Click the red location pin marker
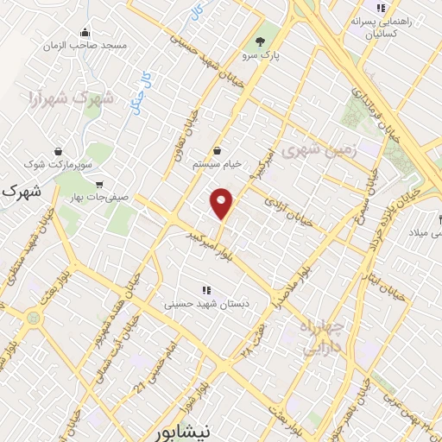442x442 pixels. click(x=223, y=203)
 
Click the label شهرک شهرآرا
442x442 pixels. click(x=71, y=98)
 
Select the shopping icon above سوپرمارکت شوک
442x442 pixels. click(x=58, y=150)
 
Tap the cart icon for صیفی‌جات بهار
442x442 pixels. click(x=100, y=184)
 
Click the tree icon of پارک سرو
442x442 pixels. click(x=260, y=41)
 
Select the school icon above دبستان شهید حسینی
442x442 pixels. click(x=205, y=291)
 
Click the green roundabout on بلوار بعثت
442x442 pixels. click(x=33, y=317)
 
